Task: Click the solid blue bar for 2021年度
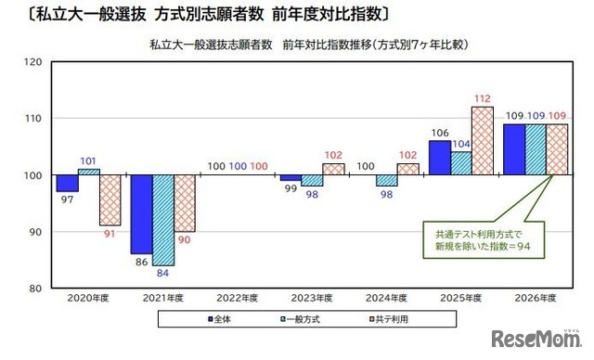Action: point(141,214)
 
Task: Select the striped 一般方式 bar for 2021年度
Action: point(163,220)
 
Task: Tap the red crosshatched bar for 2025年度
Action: point(482,141)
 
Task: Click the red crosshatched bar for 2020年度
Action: point(110,200)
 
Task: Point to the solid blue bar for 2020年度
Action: point(67,184)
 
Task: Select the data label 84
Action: point(163,273)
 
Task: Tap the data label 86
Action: point(141,263)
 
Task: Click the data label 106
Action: point(439,133)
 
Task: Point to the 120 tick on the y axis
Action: point(33,62)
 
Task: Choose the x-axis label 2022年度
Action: point(237,299)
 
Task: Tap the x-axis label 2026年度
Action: point(536,299)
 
